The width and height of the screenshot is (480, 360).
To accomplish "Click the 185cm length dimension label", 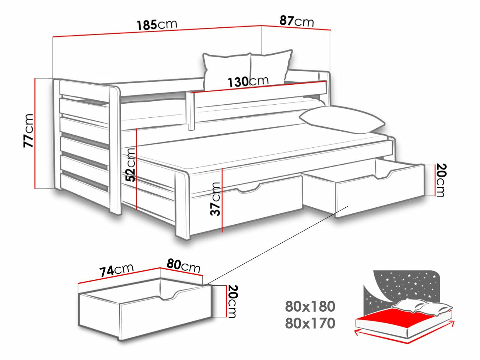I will click(157, 25).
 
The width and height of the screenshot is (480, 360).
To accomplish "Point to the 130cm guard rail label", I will click(248, 81).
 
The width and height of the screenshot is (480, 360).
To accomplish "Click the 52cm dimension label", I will click(130, 165).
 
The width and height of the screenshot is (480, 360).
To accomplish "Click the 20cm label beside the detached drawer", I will click(232, 301).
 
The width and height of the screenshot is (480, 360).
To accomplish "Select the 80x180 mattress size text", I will click(310, 306).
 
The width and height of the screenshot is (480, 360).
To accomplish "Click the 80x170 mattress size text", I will click(310, 323).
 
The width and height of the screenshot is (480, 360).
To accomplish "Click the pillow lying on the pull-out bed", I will click(341, 120).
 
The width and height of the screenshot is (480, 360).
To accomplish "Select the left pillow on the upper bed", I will click(226, 71).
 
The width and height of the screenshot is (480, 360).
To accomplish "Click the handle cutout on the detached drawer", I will click(168, 295).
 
